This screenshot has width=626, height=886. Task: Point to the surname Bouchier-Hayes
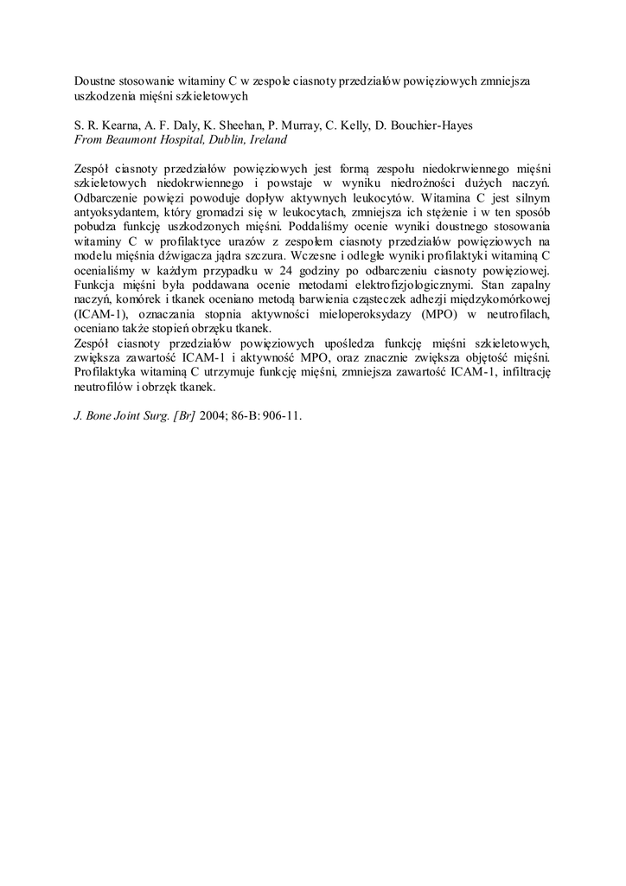pos(424,125)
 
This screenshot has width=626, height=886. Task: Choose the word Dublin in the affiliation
pos(224,138)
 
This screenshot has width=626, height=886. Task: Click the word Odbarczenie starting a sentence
pos(107,197)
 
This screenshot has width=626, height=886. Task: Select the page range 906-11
pos(280,415)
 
